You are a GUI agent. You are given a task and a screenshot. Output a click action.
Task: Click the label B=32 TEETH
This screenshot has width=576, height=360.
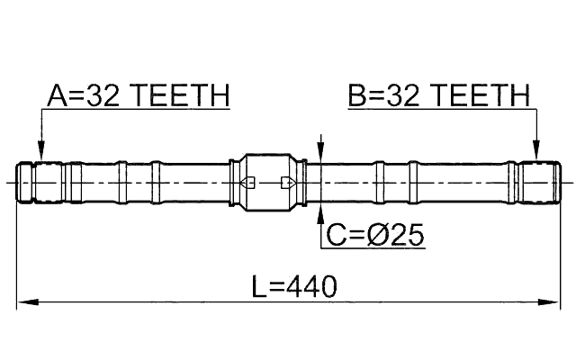438,95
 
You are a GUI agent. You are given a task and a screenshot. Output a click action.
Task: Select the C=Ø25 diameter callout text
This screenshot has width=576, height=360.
375,236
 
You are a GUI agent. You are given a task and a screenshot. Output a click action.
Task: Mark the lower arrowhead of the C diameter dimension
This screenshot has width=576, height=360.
321,212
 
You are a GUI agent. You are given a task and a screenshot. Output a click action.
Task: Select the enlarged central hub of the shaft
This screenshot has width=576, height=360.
269,183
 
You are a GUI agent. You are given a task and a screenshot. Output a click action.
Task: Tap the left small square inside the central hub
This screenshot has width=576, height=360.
251,183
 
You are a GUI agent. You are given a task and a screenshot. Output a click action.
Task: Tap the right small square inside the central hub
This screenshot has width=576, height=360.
286,183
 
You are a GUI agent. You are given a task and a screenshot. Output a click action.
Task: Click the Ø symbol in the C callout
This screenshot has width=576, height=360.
380,236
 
